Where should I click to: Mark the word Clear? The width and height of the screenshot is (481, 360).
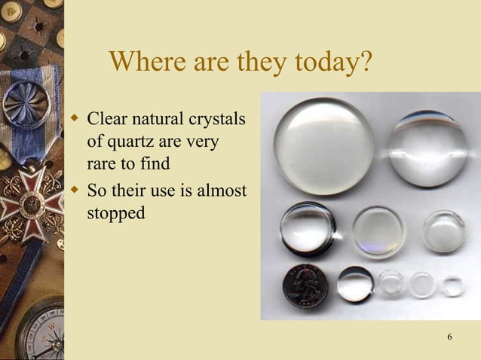coord(106,120)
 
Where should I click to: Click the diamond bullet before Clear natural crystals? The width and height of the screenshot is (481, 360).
coord(74,118)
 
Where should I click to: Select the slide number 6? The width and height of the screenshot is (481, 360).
coord(450,336)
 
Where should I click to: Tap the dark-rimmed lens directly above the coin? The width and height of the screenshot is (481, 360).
coord(308,228)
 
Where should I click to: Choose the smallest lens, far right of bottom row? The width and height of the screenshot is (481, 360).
coord(452,285)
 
